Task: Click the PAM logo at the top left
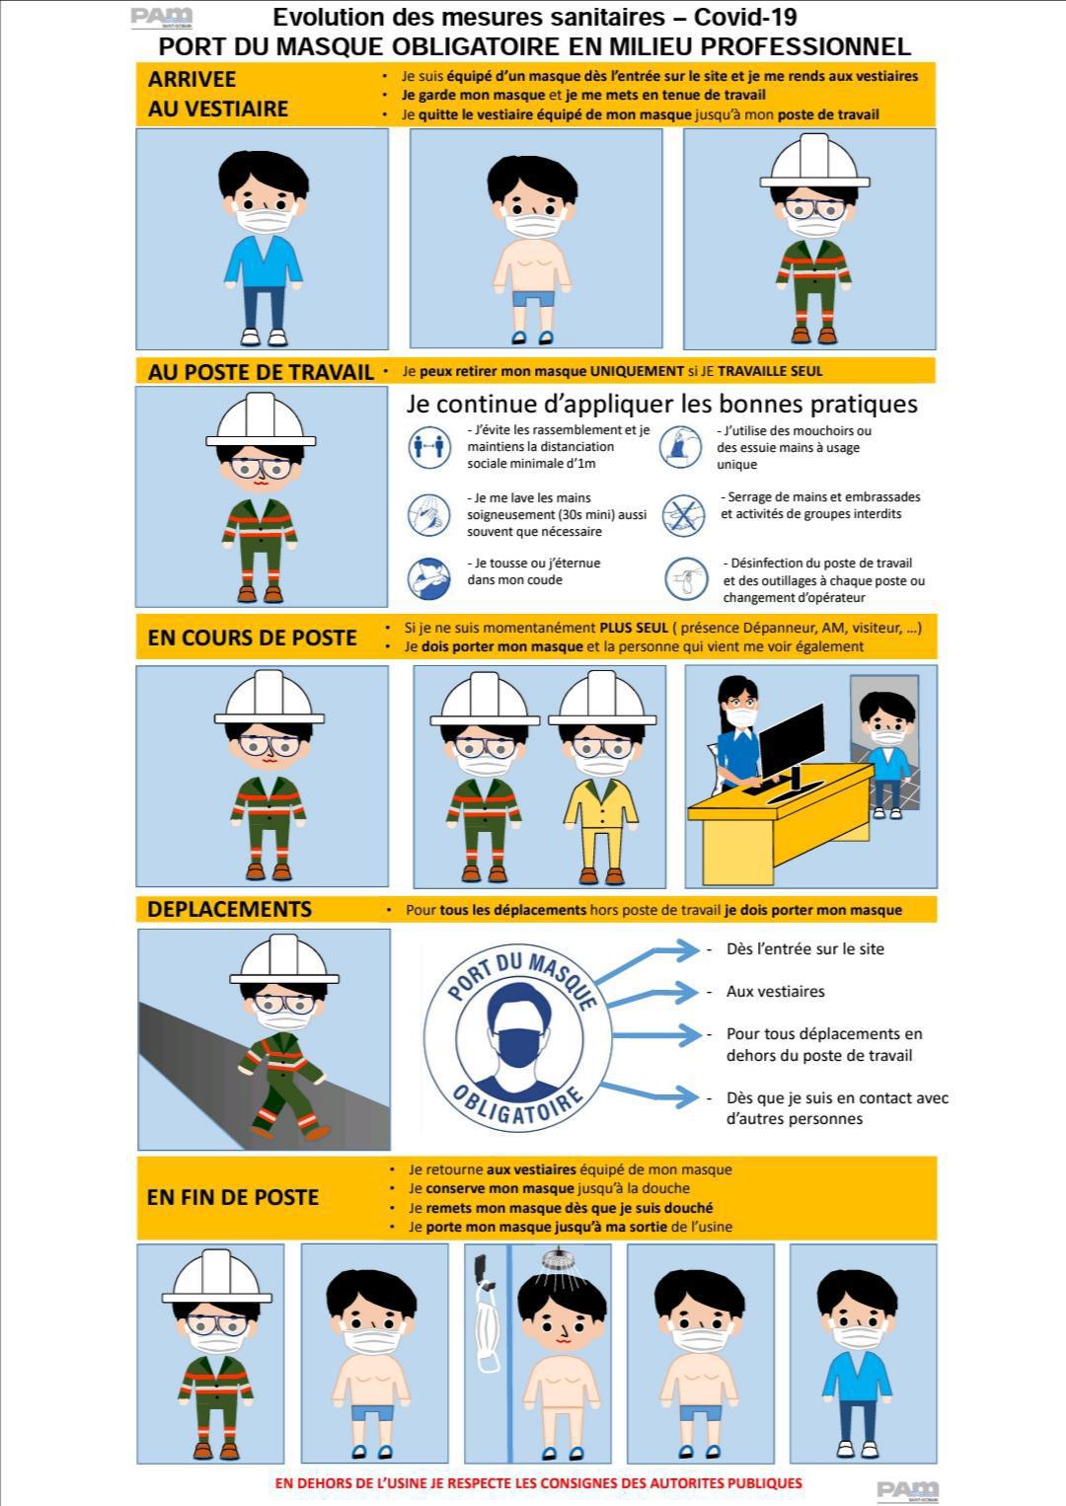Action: point(162,18)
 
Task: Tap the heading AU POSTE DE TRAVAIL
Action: point(261,372)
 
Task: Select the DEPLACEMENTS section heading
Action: point(229,909)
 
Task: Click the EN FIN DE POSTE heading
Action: point(233,1197)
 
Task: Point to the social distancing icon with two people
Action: point(429,446)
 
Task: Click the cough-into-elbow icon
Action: point(429,578)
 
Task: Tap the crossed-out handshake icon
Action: point(683,516)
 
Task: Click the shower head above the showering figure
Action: point(559,1256)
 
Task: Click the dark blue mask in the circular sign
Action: point(517,1052)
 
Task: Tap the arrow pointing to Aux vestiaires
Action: point(653,994)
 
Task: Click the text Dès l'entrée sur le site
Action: point(805,948)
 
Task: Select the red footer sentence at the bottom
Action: point(539,1482)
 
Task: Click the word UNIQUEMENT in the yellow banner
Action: point(637,371)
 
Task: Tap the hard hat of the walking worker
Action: point(284,959)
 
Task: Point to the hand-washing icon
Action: point(429,515)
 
